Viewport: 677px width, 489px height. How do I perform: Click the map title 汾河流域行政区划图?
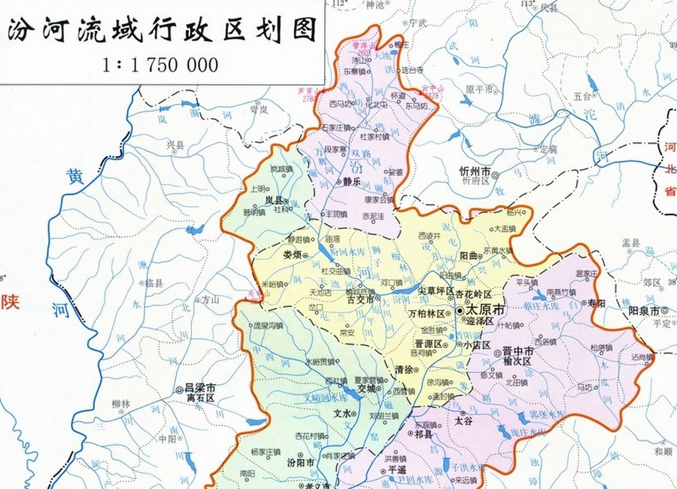162,31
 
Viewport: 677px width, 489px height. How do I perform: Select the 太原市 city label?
484,309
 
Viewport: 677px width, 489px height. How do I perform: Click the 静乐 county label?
352,182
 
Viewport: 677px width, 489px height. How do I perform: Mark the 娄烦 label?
293,254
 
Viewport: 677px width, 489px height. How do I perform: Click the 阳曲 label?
469,256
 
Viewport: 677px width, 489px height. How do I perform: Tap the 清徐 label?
404,369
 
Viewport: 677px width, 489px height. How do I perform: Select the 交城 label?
366,389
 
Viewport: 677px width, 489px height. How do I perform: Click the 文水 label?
342,413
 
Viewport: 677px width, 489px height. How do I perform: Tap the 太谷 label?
463,421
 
